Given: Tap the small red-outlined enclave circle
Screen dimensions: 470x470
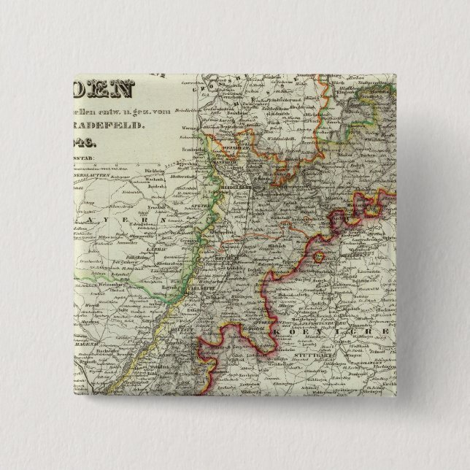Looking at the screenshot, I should click(318, 257).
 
